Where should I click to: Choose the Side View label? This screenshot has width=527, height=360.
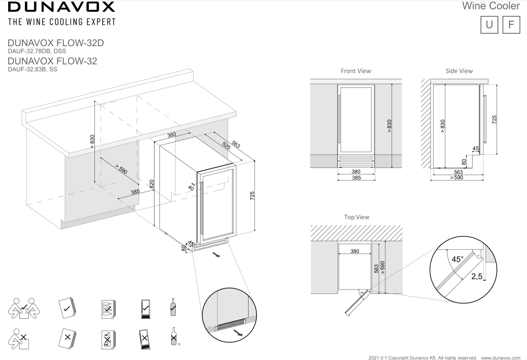tap(458, 71)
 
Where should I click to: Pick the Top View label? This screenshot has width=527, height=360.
tap(356, 217)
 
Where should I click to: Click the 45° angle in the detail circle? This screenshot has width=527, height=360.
tap(457, 259)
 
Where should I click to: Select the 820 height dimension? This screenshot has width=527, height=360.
tap(151, 184)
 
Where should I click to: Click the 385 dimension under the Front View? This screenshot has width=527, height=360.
tap(356, 178)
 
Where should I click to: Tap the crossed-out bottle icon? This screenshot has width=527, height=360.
tap(174, 336)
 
